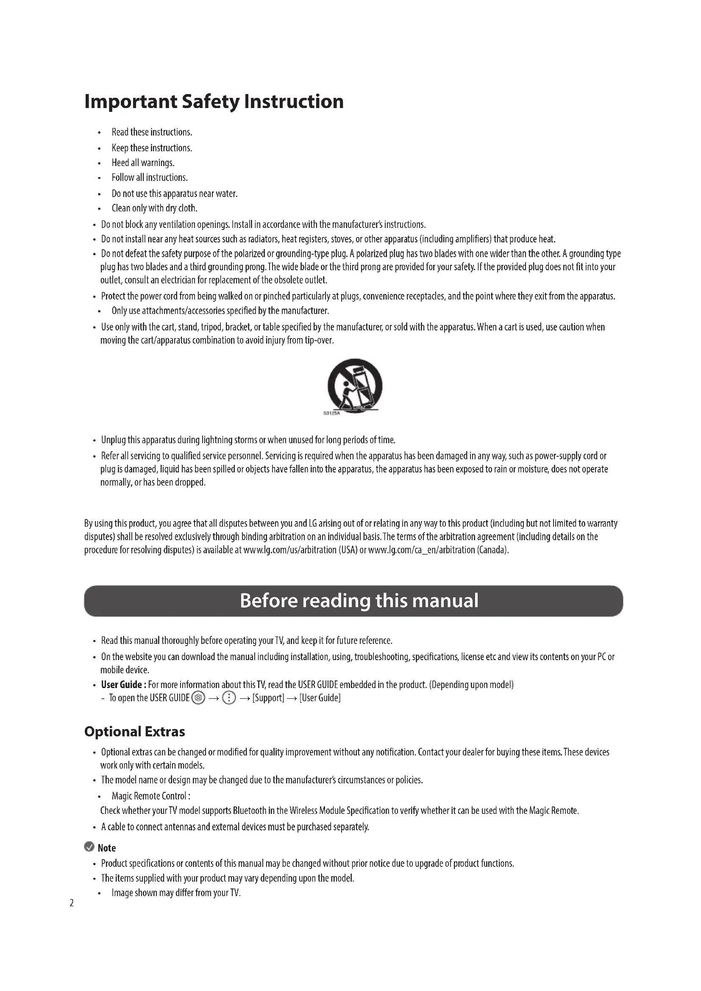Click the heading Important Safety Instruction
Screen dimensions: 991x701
pyautogui.click(x=214, y=102)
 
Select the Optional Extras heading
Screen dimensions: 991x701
pyautogui.click(x=135, y=731)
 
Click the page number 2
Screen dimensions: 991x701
pyautogui.click(x=72, y=903)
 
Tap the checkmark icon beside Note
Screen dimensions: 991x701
pyautogui.click(x=89, y=847)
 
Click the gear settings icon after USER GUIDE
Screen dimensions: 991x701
pyautogui.click(x=198, y=698)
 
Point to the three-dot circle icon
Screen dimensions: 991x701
pyautogui.click(x=229, y=698)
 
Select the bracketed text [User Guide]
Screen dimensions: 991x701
pyautogui.click(x=320, y=698)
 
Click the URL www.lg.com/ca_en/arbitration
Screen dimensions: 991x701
pyautogui.click(x=421, y=550)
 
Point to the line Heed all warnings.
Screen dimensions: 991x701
pyautogui.click(x=143, y=163)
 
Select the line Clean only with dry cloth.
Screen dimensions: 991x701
pyautogui.click(x=154, y=208)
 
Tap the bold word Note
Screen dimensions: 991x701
pyautogui.click(x=107, y=848)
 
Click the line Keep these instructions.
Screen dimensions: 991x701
pyautogui.click(x=151, y=147)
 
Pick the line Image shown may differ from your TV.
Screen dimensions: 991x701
pyautogui.click(x=176, y=893)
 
